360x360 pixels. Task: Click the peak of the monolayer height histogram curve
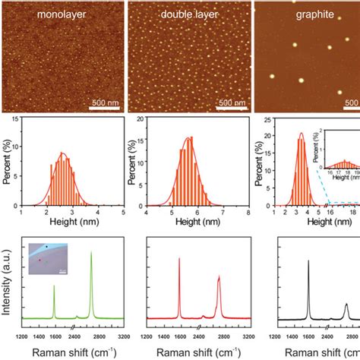point(64,154)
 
